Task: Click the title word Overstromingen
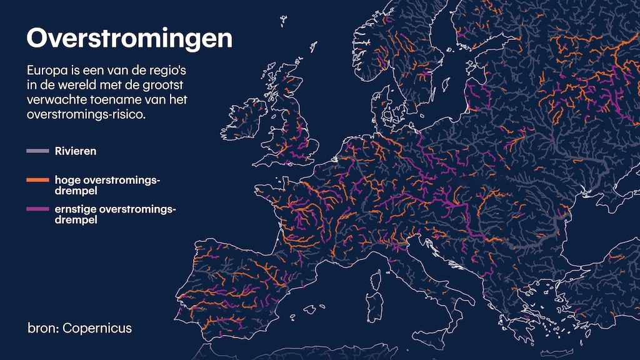pos(129,39)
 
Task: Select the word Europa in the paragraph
pos(46,69)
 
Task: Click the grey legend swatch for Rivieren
pos(37,151)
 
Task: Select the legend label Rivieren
pos(76,151)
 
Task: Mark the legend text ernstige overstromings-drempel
pos(115,214)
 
